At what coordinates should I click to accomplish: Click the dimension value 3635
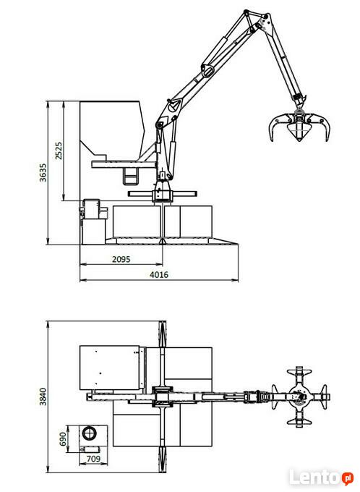[x=43, y=172]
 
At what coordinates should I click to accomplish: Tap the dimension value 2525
[x=59, y=150]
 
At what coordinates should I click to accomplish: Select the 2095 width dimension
[x=121, y=259]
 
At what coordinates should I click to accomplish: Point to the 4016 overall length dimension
[x=159, y=274]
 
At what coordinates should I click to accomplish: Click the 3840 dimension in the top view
[x=43, y=396]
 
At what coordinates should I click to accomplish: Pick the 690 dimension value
[x=63, y=438]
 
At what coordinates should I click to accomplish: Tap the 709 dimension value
[x=93, y=459]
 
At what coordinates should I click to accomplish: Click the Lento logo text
[x=315, y=478]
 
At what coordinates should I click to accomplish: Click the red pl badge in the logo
[x=348, y=478]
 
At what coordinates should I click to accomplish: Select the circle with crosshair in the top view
[x=90, y=433]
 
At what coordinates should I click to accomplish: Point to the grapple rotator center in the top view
[x=299, y=396]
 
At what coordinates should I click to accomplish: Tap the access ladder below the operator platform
[x=130, y=176]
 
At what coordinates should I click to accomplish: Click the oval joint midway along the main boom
[x=207, y=70]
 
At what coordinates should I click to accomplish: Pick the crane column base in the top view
[x=162, y=397]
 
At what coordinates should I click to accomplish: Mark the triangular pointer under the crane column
[x=162, y=241]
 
